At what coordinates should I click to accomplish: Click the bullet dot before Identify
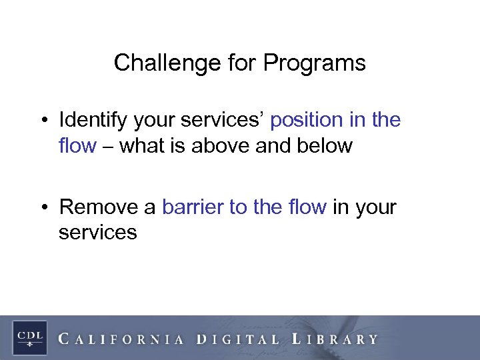(x=45, y=121)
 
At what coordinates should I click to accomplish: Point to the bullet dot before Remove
(x=45, y=207)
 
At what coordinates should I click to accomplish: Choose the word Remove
(x=99, y=207)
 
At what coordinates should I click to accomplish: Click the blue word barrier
(x=193, y=207)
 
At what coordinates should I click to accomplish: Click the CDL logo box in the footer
(x=29, y=336)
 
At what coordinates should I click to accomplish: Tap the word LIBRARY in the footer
(x=335, y=339)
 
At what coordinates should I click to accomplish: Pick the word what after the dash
(x=142, y=145)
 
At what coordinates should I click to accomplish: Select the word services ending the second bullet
(x=97, y=233)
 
